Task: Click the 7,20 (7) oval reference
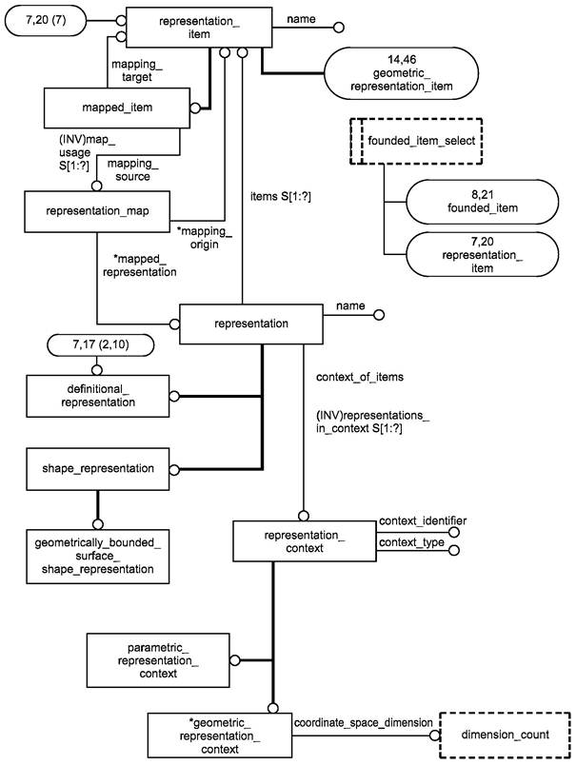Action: tap(56, 19)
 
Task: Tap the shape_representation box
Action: tap(98, 468)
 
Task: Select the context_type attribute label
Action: tap(410, 541)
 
